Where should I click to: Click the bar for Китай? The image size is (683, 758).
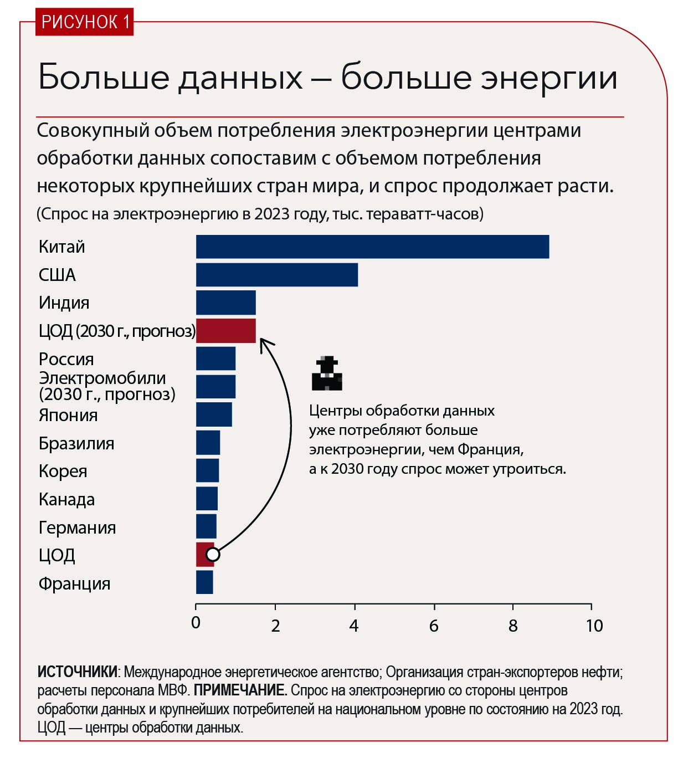[x=372, y=247]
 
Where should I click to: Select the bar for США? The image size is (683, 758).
[x=277, y=275]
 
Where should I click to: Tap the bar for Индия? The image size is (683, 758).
[x=226, y=303]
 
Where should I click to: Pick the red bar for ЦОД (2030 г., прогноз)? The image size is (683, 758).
[x=226, y=331]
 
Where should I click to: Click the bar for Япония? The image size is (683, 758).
[x=214, y=414]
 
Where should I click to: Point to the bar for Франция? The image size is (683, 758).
[x=204, y=582]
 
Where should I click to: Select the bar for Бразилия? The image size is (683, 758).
[x=208, y=443]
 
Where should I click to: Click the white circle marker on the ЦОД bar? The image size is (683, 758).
[x=213, y=554]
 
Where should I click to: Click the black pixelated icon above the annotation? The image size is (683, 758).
[x=327, y=373]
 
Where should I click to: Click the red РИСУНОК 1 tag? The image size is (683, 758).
[x=85, y=22]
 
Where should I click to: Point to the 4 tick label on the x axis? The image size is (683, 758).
[x=354, y=626]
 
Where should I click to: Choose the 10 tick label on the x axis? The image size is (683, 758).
[x=594, y=626]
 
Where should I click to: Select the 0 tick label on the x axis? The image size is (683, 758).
[x=196, y=623]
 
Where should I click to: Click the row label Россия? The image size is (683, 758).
[x=66, y=359]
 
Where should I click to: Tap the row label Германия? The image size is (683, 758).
[x=77, y=527]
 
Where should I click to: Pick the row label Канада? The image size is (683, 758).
[x=66, y=499]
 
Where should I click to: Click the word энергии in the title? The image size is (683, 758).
[x=548, y=78]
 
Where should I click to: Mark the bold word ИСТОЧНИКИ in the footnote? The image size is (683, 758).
[x=77, y=672]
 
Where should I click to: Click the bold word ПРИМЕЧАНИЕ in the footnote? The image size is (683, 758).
[x=240, y=690]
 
